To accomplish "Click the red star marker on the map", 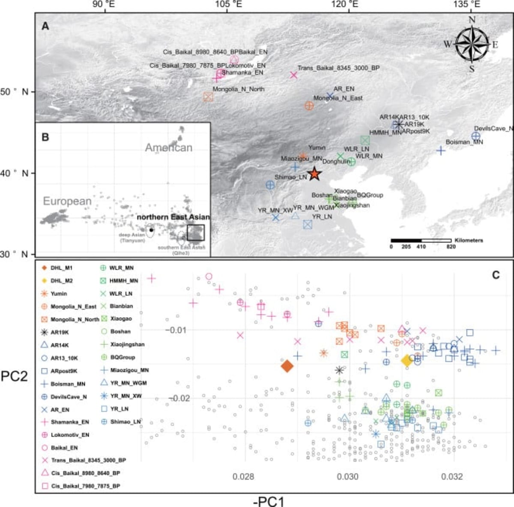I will click(314, 174).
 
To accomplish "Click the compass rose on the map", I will click(472, 44).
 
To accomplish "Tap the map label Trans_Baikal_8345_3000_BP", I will click(338, 68).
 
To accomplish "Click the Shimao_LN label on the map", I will click(291, 177).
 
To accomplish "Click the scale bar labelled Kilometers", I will click(421, 241).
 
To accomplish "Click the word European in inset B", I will click(67, 201).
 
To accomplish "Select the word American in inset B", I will click(168, 148).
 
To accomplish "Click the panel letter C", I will click(496, 275).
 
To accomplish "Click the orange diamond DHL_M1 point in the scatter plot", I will click(287, 366).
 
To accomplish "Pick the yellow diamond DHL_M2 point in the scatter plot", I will click(406, 361).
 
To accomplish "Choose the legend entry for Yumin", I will click(59, 294).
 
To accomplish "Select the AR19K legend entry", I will click(60, 332).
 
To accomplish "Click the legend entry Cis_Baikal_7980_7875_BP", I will click(85, 486).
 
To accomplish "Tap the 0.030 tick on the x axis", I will click(348, 477).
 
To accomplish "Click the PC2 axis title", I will click(14, 376).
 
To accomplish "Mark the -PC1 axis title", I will click(268, 501).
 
